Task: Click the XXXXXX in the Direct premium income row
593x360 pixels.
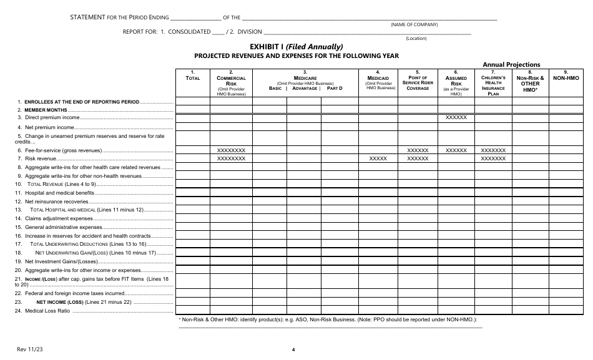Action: (x=456, y=117)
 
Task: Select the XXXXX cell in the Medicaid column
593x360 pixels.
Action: (x=379, y=159)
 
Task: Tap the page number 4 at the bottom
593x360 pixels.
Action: (x=293, y=349)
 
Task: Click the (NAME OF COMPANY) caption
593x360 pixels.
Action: (x=414, y=24)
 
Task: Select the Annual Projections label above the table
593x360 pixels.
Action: (x=511, y=64)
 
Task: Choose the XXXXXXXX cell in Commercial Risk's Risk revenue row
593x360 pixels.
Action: (x=231, y=159)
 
